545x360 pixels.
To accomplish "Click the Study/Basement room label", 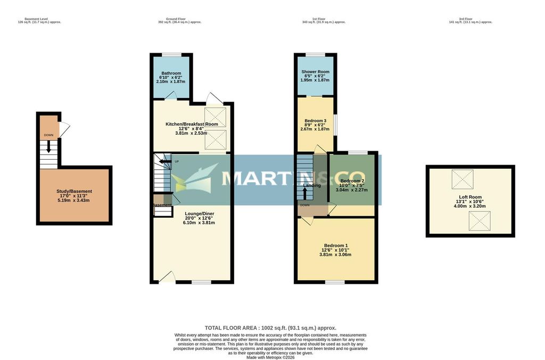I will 74,191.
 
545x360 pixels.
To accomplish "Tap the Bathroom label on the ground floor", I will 171,73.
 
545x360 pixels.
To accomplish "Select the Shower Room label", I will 315,72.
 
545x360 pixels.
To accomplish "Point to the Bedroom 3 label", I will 315,120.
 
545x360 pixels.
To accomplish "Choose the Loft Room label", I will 470,197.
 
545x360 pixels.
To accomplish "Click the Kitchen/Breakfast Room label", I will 192,124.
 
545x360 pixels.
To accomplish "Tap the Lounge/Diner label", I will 192,213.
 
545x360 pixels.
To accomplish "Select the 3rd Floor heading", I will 470,19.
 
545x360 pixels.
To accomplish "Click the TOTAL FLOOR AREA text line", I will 270,328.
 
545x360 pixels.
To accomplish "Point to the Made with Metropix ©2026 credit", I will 270,357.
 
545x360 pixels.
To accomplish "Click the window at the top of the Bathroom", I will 171,55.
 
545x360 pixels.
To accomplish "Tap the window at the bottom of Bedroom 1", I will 335,282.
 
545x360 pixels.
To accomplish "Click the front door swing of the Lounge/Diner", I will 166,276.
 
